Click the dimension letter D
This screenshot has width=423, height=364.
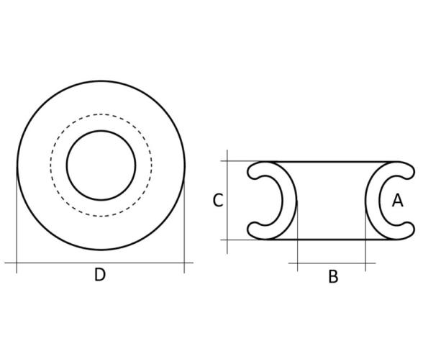tap(100, 275)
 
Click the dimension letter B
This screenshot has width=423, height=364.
tap(333, 276)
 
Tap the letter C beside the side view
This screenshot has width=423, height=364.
tap(218, 201)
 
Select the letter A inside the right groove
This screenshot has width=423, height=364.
tap(397, 201)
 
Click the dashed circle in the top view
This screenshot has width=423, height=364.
tap(50, 165)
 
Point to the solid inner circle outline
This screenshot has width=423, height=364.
tap(67, 165)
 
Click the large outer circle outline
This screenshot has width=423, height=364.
tap(18, 165)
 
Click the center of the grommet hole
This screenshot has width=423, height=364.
tap(101, 165)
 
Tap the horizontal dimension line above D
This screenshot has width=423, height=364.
tap(99, 263)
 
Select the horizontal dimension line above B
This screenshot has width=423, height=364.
tap(332, 263)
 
